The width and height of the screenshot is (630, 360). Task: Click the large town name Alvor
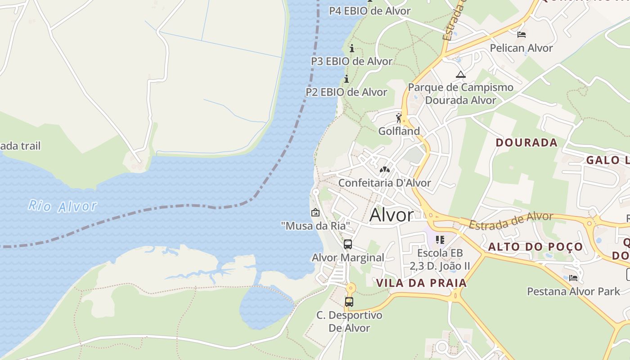tap(391, 215)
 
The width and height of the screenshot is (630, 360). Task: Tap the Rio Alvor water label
tap(62, 206)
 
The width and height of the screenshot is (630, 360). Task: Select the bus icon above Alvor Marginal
tap(348, 244)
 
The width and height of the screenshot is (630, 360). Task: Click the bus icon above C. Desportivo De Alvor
tap(349, 302)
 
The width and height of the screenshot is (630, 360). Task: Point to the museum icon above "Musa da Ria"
tap(315, 212)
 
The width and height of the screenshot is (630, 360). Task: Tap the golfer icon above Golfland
tap(399, 118)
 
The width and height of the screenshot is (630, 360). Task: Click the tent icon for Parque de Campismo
tap(460, 74)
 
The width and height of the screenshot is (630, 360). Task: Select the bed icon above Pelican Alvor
tap(522, 35)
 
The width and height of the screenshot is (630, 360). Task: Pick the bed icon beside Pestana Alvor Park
tap(573, 278)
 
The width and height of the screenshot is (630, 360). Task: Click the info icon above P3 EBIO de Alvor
tap(352, 48)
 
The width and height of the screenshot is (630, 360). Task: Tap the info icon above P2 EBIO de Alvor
tap(346, 79)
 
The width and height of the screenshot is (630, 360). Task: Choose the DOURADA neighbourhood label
tap(526, 143)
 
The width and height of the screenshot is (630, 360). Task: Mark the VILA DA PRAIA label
tap(421, 283)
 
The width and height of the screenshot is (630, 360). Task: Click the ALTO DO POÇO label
tap(535, 247)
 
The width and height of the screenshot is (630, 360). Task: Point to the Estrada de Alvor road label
tap(511, 220)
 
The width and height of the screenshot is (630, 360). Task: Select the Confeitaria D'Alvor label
tap(384, 183)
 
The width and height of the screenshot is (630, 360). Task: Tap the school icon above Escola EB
tap(440, 240)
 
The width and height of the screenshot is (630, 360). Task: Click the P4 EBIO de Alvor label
tap(369, 11)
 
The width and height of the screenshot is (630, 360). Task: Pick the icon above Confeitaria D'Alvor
tap(384, 170)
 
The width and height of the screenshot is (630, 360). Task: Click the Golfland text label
tap(399, 131)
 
